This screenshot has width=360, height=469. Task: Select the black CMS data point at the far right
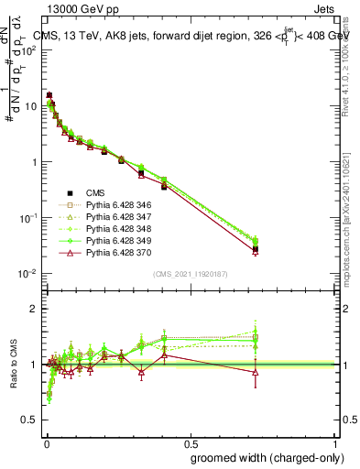(x=256, y=248)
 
